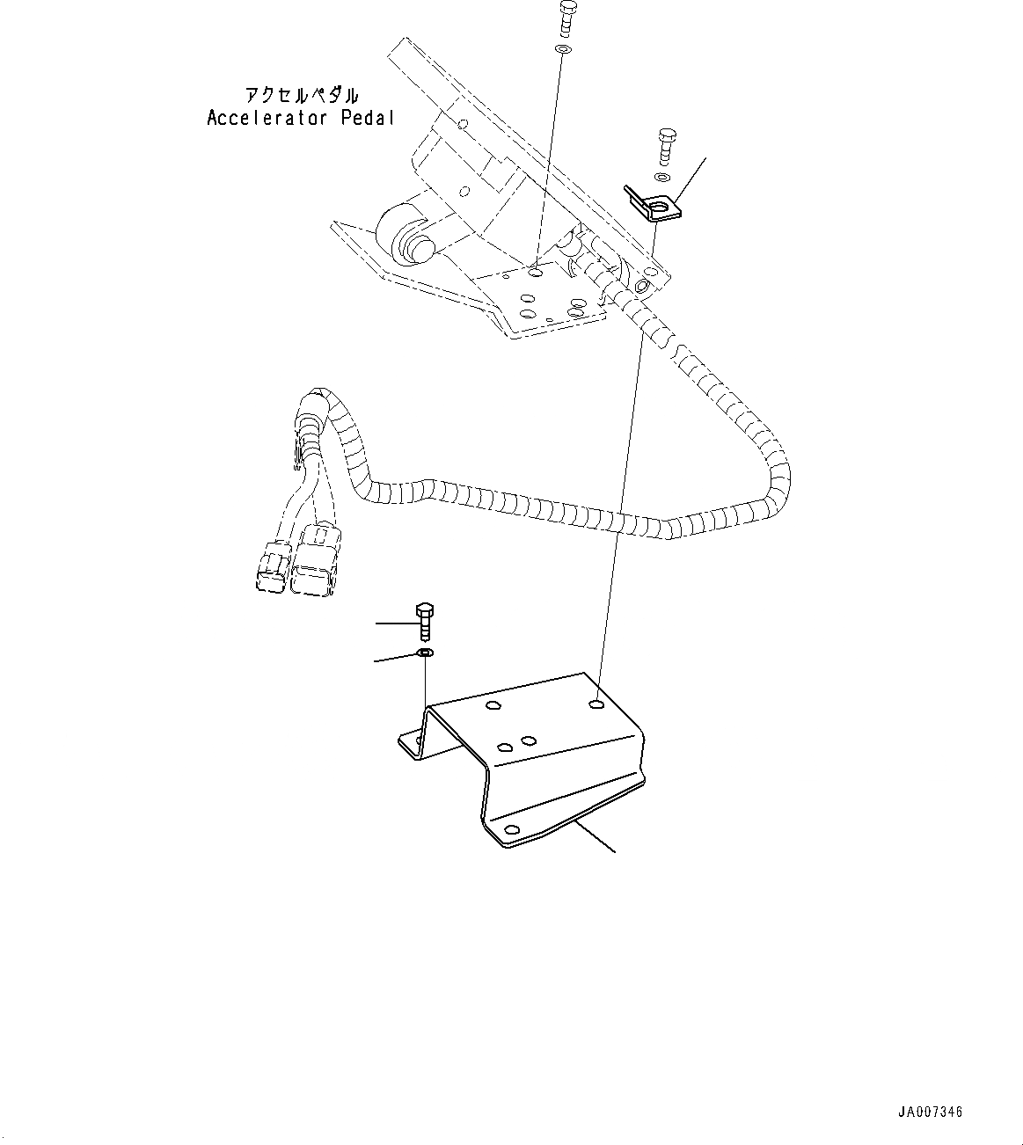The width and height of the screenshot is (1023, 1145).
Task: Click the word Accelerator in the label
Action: [x=268, y=118]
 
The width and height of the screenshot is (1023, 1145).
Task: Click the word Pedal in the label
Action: [x=368, y=118]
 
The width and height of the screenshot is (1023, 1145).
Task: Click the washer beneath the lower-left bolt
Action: [x=425, y=653]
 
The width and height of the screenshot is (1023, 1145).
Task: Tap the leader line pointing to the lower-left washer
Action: [x=393, y=657]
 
